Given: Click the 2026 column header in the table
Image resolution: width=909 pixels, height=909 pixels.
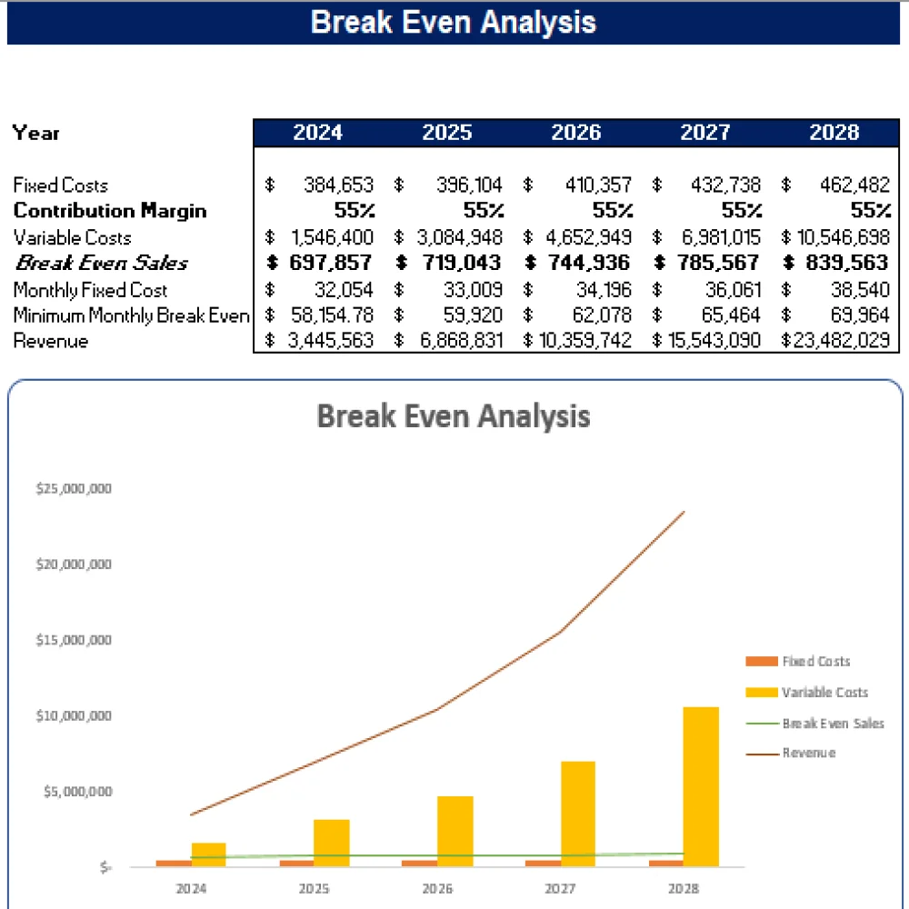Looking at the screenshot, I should [576, 133].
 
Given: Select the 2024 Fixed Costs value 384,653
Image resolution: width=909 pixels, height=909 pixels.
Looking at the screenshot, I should [337, 185].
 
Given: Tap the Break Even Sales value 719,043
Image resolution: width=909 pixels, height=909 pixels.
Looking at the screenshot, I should [459, 264].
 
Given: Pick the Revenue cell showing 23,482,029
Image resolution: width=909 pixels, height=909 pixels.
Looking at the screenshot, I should [841, 342].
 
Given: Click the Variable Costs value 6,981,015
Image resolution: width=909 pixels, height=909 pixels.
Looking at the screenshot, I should [717, 238].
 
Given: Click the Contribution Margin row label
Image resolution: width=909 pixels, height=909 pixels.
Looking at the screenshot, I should [110, 211].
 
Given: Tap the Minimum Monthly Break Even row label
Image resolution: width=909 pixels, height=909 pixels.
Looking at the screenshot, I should [131, 316].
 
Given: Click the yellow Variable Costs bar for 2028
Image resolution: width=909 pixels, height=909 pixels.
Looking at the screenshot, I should [701, 786].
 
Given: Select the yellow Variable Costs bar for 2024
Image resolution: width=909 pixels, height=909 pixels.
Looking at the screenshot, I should [209, 854].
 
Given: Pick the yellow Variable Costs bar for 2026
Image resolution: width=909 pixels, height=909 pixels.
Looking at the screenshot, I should [455, 831].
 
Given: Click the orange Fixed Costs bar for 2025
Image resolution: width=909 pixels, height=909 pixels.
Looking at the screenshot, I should [297, 863].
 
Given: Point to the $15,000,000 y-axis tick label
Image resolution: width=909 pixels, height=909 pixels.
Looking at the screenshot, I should [74, 640].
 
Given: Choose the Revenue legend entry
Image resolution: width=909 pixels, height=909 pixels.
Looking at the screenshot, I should [808, 754].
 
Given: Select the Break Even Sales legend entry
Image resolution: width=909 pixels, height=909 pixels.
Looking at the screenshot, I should [833, 724].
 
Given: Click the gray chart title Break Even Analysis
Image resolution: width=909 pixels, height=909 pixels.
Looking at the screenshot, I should [454, 417].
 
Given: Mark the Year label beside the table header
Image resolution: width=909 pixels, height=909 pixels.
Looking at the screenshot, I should [36, 133].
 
